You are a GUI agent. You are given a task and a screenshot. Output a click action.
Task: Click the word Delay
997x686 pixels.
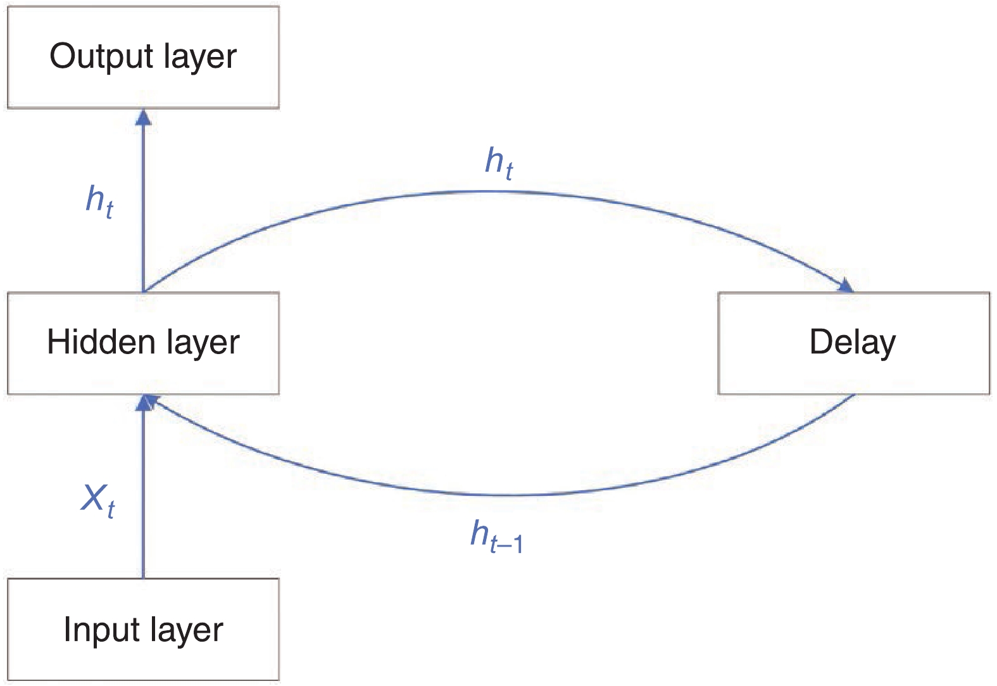point(853,343)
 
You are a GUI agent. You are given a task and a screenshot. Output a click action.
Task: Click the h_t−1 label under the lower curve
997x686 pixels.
point(496,537)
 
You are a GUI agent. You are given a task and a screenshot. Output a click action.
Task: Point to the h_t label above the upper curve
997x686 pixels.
point(499,162)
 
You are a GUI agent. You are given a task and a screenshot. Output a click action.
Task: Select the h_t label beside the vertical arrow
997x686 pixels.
point(99,201)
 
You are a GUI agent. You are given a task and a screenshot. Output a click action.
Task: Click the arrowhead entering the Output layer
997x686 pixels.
point(144,117)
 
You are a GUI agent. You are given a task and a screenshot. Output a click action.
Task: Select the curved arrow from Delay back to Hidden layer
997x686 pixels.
point(506,495)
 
